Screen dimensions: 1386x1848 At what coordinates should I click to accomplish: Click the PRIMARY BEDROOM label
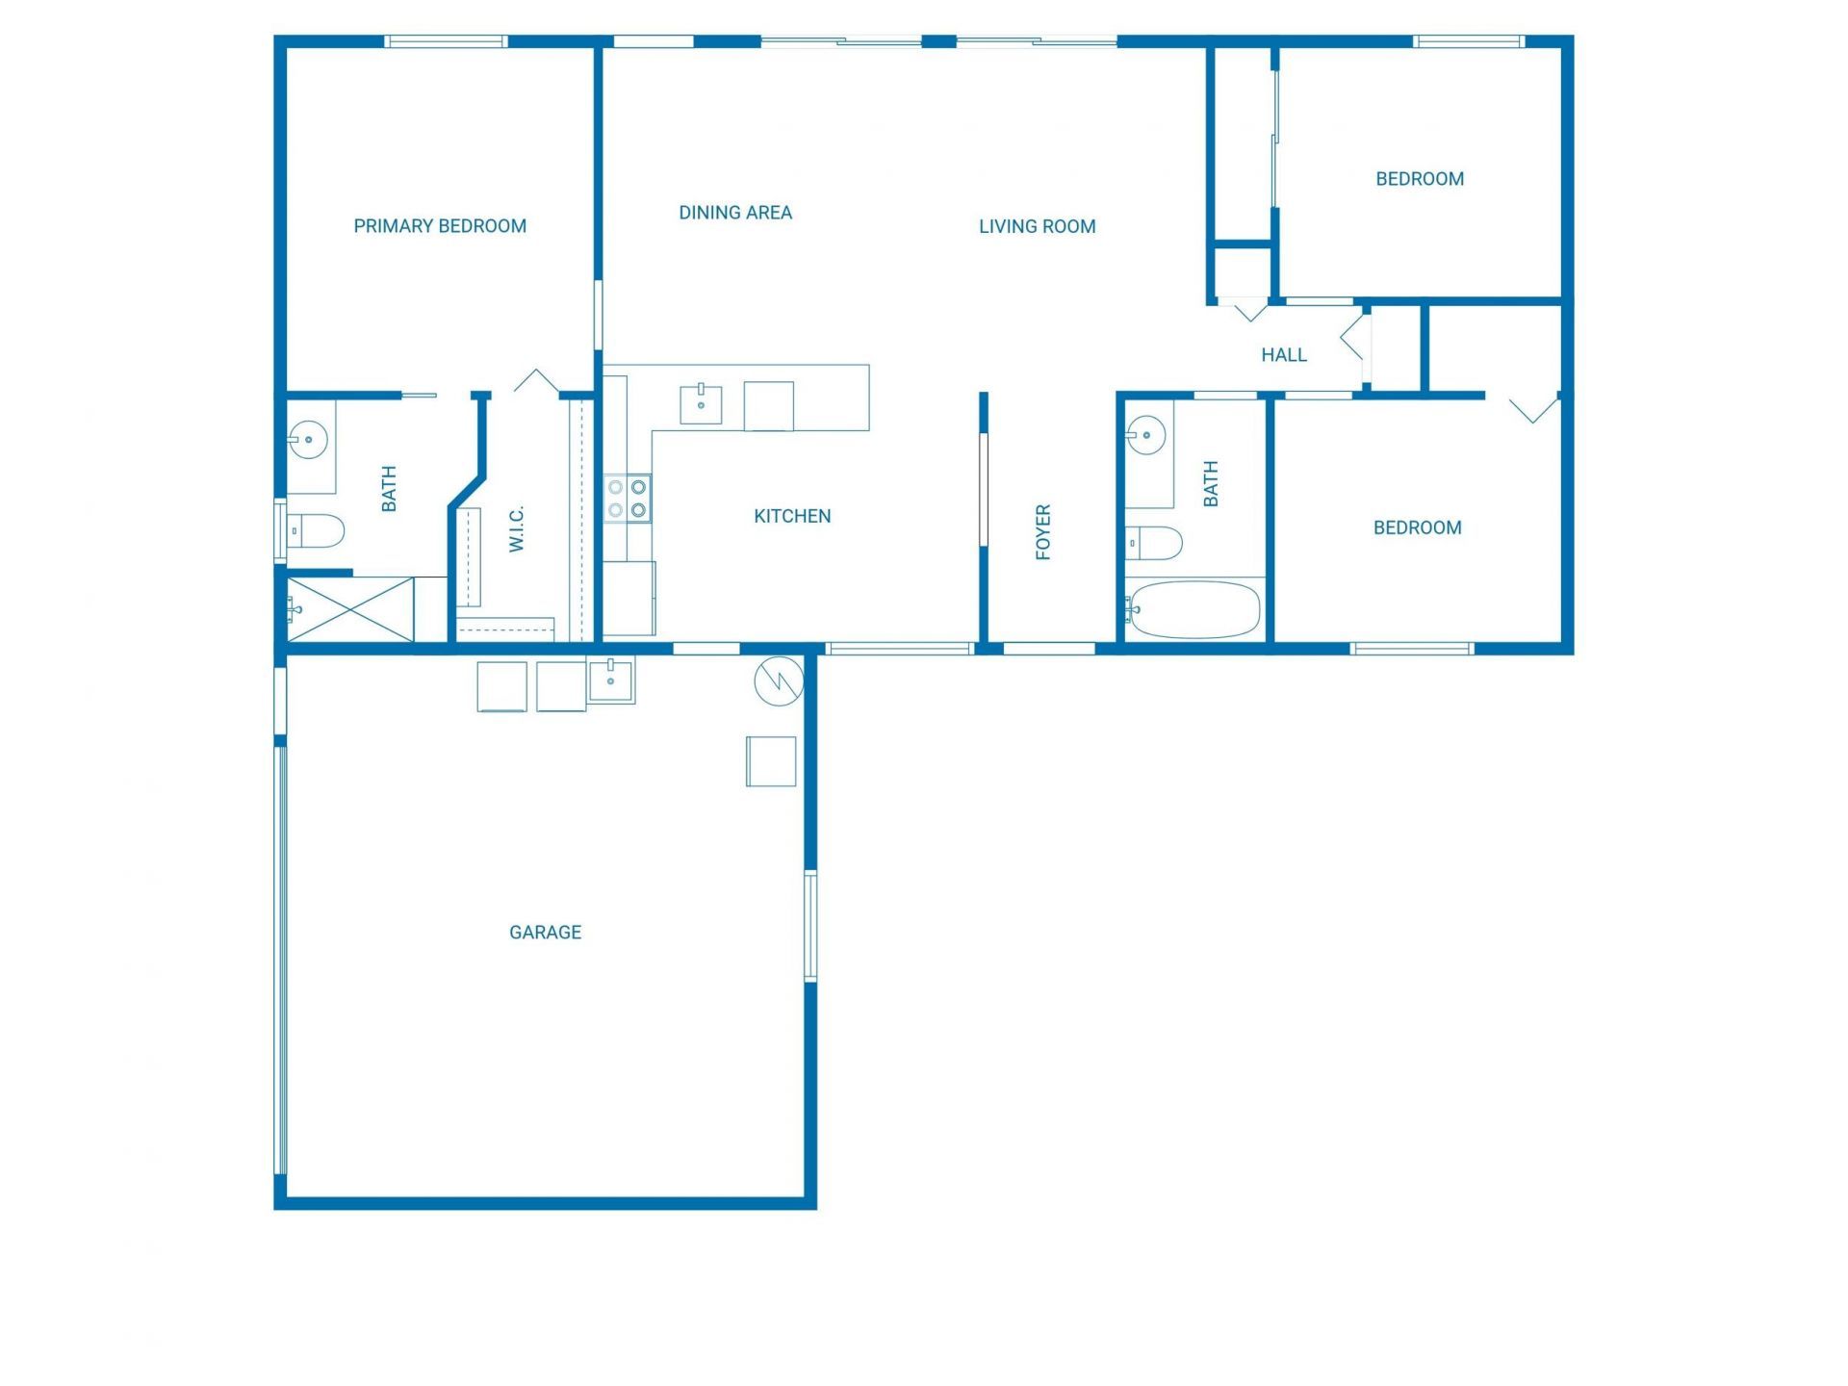point(440,226)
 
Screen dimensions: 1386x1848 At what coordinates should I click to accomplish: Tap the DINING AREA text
point(735,213)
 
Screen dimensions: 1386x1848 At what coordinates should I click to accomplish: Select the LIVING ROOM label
point(1037,226)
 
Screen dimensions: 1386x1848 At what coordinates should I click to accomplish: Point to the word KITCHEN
point(792,516)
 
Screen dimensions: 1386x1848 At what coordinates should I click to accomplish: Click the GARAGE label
point(545,932)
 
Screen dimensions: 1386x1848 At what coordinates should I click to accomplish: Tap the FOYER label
point(1042,531)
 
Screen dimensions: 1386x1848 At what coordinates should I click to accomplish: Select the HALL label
point(1284,355)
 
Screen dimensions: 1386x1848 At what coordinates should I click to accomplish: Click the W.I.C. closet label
point(517,528)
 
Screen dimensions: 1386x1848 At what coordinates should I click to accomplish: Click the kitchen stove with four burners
point(627,499)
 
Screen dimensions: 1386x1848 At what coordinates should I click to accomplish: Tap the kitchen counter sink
point(701,404)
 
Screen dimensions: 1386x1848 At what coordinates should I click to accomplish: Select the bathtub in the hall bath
point(1193,609)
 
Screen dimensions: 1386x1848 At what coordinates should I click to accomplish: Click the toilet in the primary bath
point(318,530)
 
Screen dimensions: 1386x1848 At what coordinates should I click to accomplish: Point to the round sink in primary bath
point(309,440)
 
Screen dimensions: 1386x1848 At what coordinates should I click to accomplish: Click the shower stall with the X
point(350,609)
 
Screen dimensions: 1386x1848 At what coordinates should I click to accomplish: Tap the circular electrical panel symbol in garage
point(779,681)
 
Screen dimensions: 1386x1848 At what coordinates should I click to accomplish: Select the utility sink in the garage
point(611,680)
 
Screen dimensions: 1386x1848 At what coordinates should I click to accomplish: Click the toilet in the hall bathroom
point(1155,543)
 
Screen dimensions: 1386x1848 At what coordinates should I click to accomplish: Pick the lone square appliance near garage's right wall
point(771,761)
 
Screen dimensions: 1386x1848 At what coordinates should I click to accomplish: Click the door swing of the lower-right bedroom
point(1533,410)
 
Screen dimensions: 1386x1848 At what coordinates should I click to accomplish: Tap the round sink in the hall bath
point(1146,435)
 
